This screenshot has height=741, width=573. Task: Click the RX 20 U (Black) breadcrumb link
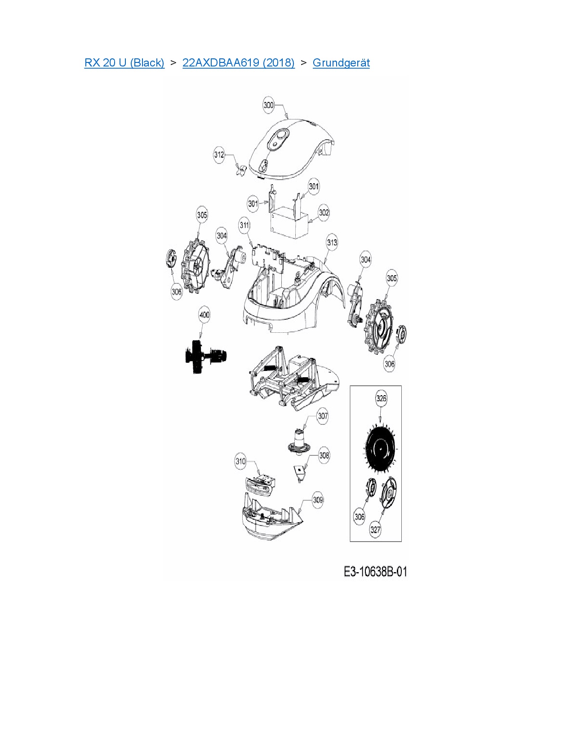pos(124,63)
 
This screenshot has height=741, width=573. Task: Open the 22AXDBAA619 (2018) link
pos(239,63)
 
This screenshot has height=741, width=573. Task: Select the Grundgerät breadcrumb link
pos(341,63)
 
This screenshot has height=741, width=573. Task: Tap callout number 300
pos(269,105)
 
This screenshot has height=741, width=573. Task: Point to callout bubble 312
pos(219,155)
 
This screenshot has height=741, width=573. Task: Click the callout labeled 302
pos(324,213)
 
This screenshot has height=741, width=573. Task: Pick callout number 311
pos(244,225)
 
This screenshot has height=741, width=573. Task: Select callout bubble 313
pos(332,243)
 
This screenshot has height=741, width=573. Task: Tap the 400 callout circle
pos(204,314)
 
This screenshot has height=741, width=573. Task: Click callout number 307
pos(323,416)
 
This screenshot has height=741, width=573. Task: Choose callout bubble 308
pos(324,455)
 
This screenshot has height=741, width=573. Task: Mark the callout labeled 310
pos(240,461)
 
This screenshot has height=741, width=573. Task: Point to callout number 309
pos(318,500)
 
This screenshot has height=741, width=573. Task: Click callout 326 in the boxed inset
pos(381,398)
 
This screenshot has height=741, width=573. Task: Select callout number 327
pos(375,529)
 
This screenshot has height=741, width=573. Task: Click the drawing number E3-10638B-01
pos(375,572)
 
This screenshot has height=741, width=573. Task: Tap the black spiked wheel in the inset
pos(381,447)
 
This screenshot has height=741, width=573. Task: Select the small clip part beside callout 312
pos(242,169)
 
